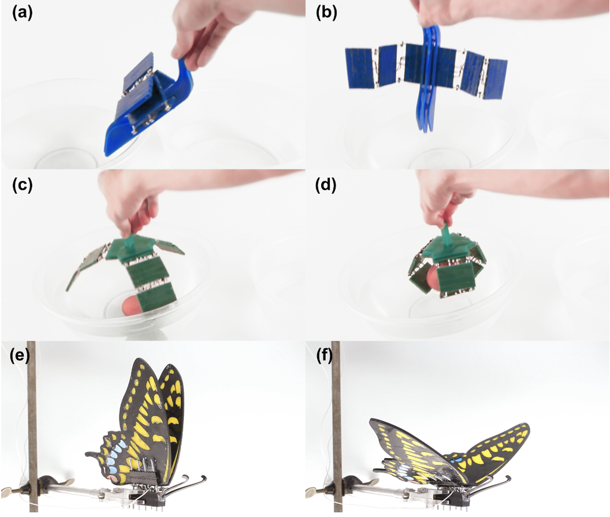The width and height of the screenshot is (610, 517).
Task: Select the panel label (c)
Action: (22, 184)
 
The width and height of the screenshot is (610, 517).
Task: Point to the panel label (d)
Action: (327, 184)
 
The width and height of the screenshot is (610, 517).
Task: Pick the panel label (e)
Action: (22, 357)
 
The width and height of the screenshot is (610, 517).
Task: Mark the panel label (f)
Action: (327, 357)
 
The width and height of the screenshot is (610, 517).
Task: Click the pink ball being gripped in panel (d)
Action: (434, 280)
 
